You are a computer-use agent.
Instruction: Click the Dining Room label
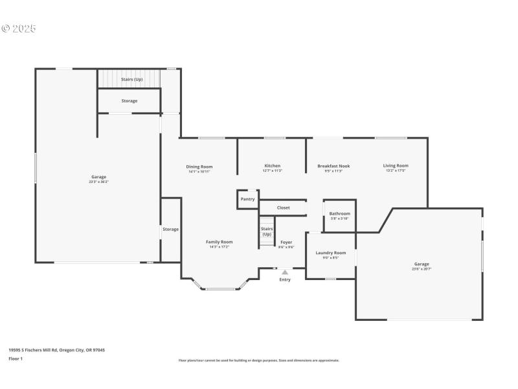(200, 167)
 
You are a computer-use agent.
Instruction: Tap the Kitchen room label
(273, 166)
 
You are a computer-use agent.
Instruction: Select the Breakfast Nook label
(333, 166)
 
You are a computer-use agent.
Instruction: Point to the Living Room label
(396, 166)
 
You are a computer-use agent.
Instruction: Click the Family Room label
(219, 242)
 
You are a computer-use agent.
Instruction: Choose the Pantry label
(247, 199)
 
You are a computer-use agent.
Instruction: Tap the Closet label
(284, 208)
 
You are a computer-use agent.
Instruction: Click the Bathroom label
(339, 214)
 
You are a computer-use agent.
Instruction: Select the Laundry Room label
(330, 253)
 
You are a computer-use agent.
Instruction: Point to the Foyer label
(286, 242)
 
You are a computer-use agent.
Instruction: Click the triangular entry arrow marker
(285, 272)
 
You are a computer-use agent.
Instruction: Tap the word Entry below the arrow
(285, 280)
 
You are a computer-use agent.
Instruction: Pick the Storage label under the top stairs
(129, 101)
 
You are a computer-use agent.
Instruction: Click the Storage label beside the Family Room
(170, 230)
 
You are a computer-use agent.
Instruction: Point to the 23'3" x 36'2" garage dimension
(98, 182)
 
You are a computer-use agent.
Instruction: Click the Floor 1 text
(16, 359)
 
